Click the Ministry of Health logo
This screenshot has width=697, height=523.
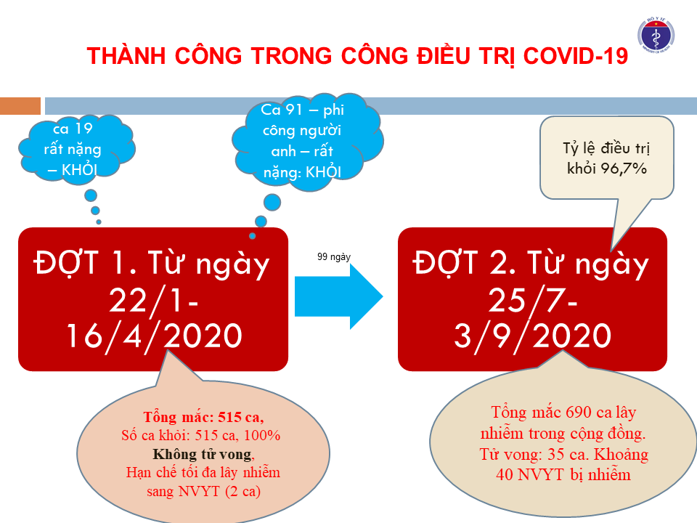tap(656, 36)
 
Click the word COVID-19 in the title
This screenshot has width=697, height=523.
tap(575, 56)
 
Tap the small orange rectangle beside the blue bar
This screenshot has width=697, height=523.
tap(20, 106)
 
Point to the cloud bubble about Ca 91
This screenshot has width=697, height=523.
tap(306, 142)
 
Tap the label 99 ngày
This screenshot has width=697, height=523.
tap(334, 257)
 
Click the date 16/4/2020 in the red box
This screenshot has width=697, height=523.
tap(154, 336)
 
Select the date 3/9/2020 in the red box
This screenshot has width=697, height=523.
tap(532, 336)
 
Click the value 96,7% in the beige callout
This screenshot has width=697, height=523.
tap(624, 169)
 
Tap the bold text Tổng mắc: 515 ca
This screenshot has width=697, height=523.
tap(203, 417)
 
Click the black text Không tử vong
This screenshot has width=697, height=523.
tap(203, 454)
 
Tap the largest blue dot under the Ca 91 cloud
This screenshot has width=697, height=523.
tap(272, 203)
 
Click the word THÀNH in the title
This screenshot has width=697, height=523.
tap(126, 56)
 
